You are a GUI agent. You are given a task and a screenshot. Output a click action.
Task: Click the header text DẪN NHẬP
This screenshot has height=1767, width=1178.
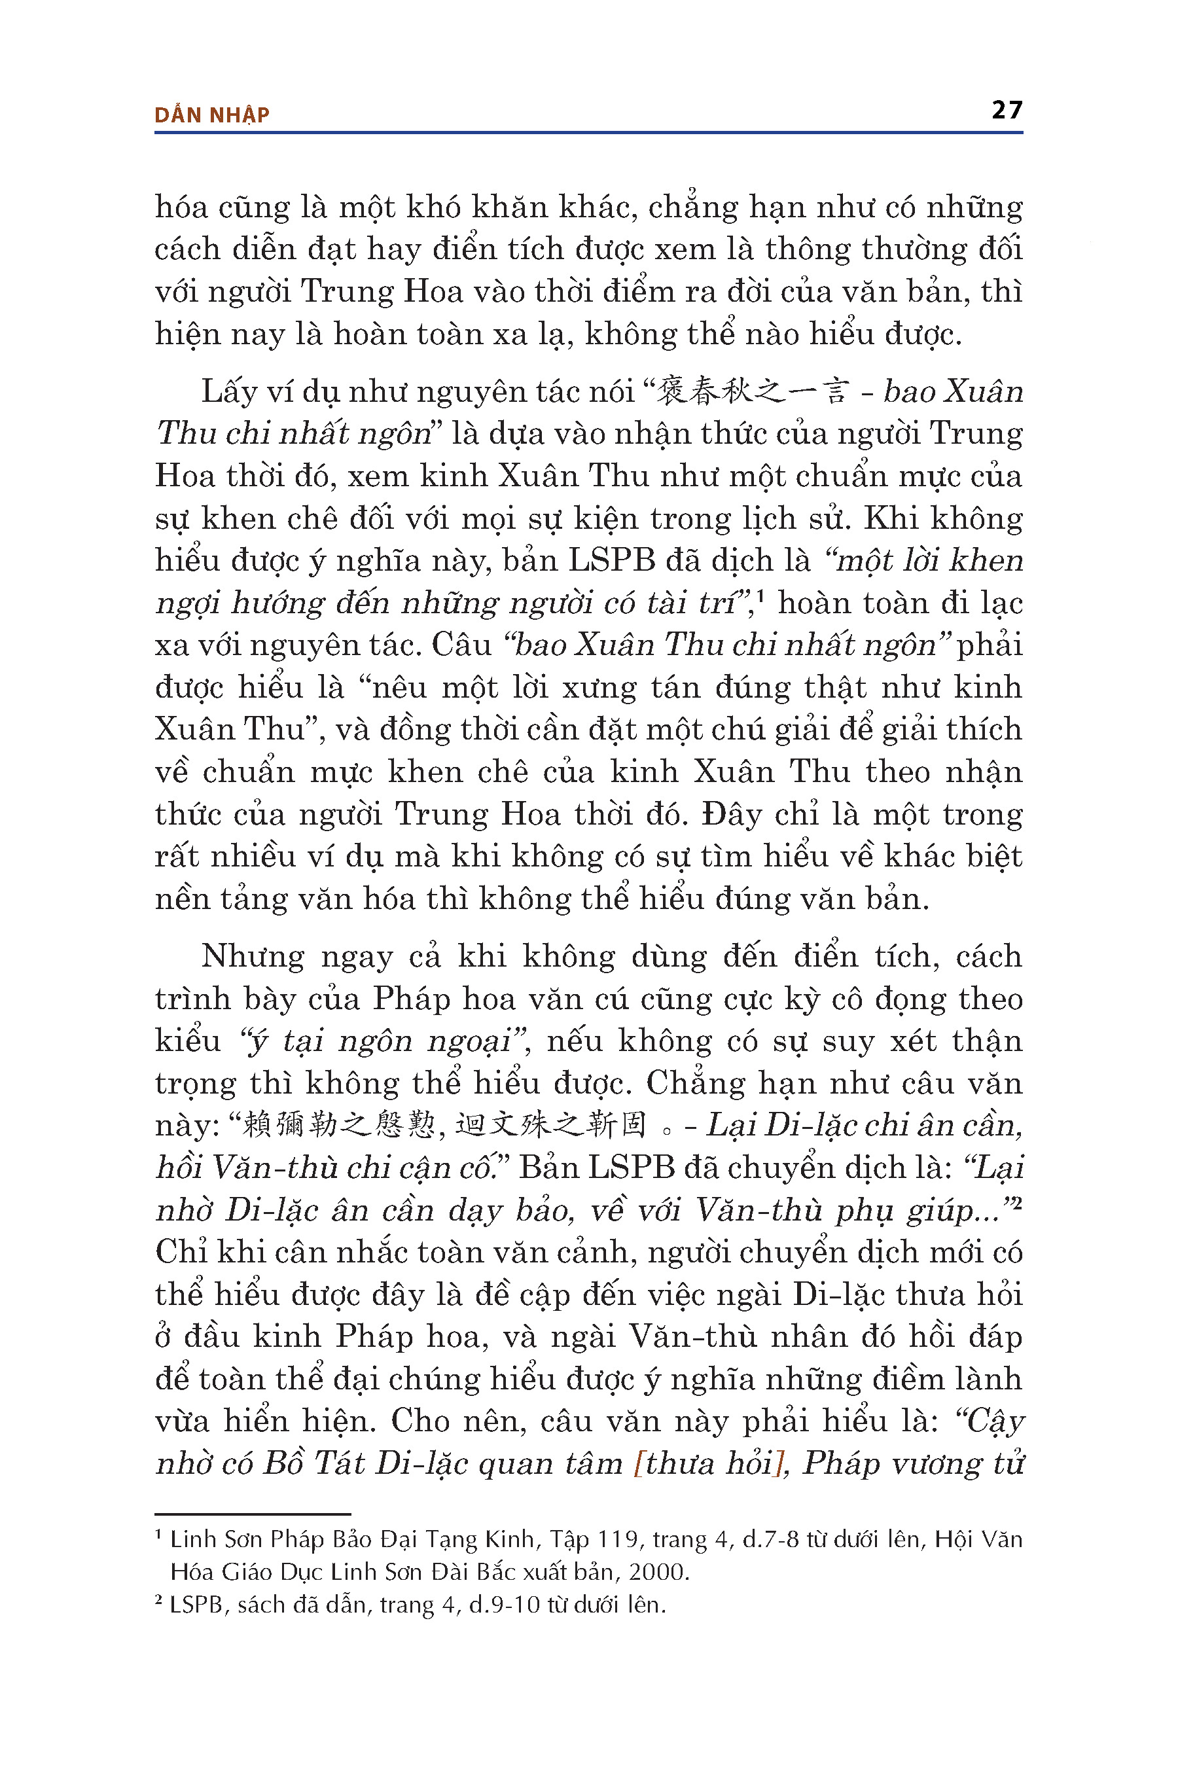point(211,115)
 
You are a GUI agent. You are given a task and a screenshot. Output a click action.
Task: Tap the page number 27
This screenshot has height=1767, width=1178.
point(1007,111)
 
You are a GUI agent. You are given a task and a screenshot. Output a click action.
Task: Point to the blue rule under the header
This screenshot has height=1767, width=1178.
point(588,133)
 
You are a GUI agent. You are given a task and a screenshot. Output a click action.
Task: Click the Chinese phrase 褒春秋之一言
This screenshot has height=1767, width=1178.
point(753,391)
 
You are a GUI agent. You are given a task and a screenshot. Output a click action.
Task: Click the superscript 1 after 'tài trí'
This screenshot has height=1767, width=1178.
point(760,595)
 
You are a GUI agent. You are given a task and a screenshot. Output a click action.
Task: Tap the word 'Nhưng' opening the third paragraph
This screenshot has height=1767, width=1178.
point(253,956)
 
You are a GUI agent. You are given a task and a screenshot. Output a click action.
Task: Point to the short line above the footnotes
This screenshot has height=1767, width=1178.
point(253,1514)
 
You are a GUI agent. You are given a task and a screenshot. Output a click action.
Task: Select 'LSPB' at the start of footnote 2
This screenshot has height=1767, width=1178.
point(197,1605)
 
